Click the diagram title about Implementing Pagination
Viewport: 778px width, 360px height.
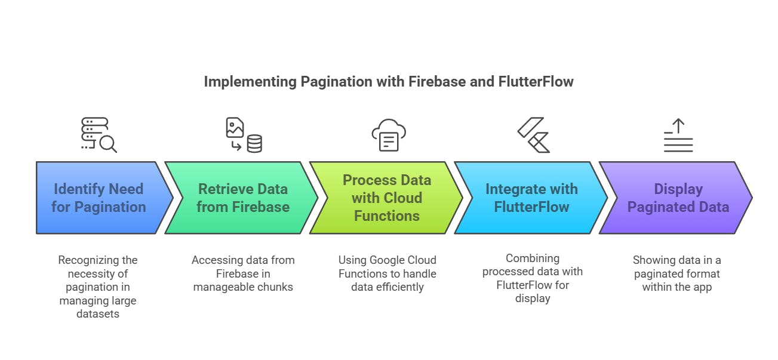click(389, 81)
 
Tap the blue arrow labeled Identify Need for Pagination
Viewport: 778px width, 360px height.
click(99, 198)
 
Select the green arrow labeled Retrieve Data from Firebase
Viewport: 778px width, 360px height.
click(243, 198)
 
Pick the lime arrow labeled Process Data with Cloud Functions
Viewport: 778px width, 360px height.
click(387, 198)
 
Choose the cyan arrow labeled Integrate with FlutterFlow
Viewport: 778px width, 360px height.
click(531, 198)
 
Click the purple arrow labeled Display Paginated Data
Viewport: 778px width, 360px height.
click(678, 198)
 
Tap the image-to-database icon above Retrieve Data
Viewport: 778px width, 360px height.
click(244, 135)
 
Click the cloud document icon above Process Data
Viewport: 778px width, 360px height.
click(388, 135)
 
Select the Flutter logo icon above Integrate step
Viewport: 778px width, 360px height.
click(533, 135)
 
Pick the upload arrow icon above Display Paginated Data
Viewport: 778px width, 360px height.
click(678, 135)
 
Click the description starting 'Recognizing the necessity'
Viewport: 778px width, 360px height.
click(98, 287)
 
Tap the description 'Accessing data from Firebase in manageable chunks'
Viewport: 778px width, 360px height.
click(243, 273)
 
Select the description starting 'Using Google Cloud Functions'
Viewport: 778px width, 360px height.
click(388, 273)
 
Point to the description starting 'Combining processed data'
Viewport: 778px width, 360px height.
click(533, 278)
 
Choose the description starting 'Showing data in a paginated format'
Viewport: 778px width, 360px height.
click(677, 273)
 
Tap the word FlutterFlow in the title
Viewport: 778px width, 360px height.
click(535, 81)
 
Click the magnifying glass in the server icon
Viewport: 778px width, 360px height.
click(108, 143)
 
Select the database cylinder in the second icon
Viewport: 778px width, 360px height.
click(254, 143)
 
